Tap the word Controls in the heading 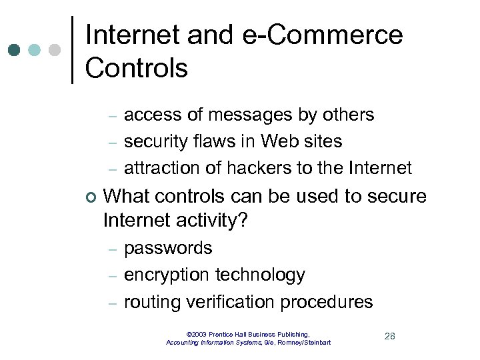(137, 67)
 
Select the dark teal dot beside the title (15, 50)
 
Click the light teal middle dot (35, 50)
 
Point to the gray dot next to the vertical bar (55, 50)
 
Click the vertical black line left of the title (72, 49)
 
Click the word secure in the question (393, 197)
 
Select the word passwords (168, 249)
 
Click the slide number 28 (390, 336)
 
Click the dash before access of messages (113, 116)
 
